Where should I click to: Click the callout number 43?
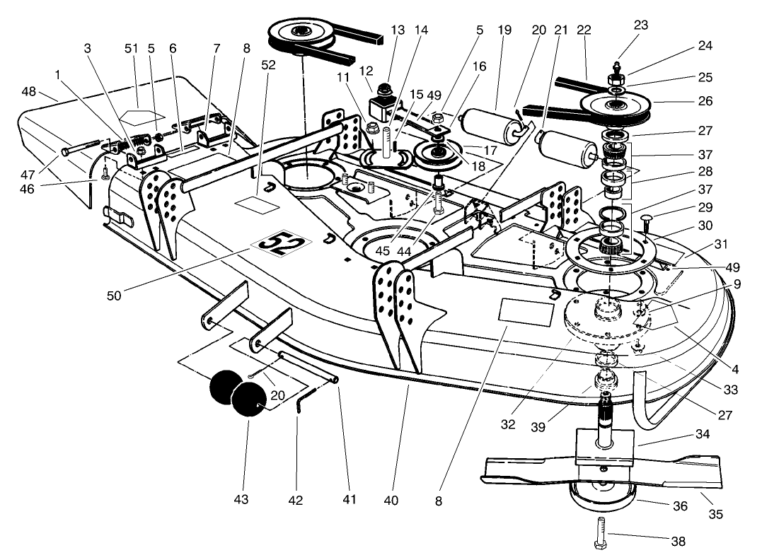(243, 500)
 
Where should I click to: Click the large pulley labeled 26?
(616, 105)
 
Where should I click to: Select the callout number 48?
(48, 93)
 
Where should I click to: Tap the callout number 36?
(680, 506)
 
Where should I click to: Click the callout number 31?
(721, 245)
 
